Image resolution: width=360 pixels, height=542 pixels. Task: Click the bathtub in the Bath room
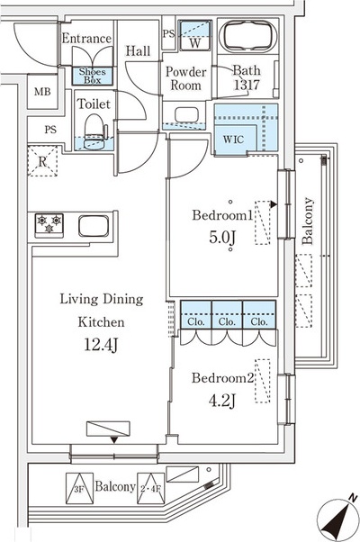(x=247, y=37)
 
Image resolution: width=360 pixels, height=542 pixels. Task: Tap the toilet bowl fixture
(x=94, y=131)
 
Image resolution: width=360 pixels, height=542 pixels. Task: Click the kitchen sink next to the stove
(x=94, y=226)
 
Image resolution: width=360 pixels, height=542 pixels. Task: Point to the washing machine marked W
(x=194, y=35)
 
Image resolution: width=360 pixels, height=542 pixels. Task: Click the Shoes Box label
(x=92, y=76)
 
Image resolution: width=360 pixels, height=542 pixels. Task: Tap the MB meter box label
(x=42, y=92)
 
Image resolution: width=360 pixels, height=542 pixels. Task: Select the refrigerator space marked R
(x=42, y=161)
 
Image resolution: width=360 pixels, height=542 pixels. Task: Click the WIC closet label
(x=234, y=140)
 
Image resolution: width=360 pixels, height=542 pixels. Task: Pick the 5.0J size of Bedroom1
(x=222, y=238)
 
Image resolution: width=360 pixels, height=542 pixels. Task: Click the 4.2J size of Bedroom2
(x=221, y=401)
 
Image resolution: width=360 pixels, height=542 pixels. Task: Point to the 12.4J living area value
(x=101, y=345)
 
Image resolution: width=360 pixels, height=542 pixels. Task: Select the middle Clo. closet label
(x=227, y=322)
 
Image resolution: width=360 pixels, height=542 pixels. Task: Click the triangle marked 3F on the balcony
(x=79, y=488)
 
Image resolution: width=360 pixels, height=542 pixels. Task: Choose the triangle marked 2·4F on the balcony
(x=151, y=488)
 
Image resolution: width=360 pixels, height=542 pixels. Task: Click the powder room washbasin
(x=186, y=115)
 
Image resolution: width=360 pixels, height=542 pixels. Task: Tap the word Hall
(x=138, y=51)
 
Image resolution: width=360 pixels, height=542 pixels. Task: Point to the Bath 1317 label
(x=247, y=77)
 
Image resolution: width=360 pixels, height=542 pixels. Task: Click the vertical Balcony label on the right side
(x=307, y=221)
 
